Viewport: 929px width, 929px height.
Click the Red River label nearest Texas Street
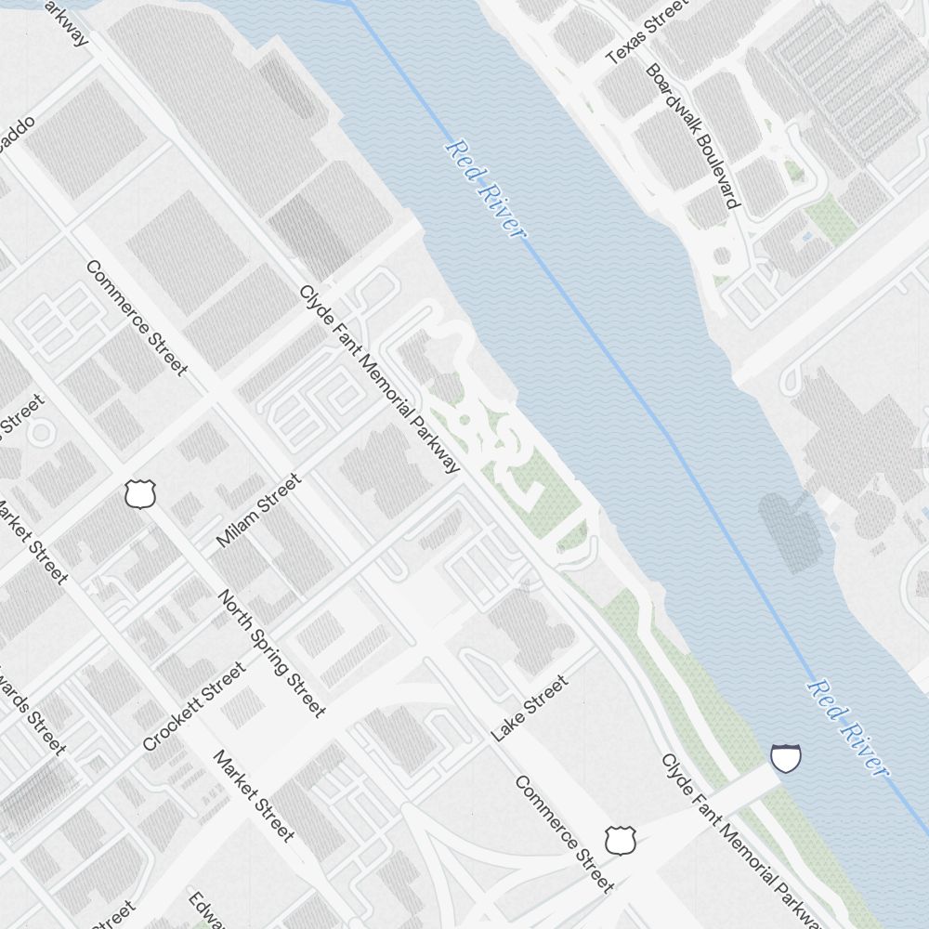[485, 189]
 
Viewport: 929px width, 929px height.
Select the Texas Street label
[648, 33]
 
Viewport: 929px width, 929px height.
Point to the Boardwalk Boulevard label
[694, 136]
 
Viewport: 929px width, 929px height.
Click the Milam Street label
[258, 510]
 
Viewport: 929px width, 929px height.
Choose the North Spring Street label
[272, 653]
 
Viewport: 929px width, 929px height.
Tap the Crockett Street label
[194, 706]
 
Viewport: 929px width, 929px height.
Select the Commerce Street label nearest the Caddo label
[137, 318]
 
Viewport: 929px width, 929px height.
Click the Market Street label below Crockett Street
[254, 795]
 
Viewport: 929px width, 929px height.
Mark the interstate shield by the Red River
[786, 758]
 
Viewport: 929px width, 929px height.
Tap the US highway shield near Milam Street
[139, 494]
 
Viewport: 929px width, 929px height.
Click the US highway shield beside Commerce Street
[618, 840]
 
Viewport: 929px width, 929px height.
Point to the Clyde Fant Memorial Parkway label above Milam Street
[379, 378]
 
